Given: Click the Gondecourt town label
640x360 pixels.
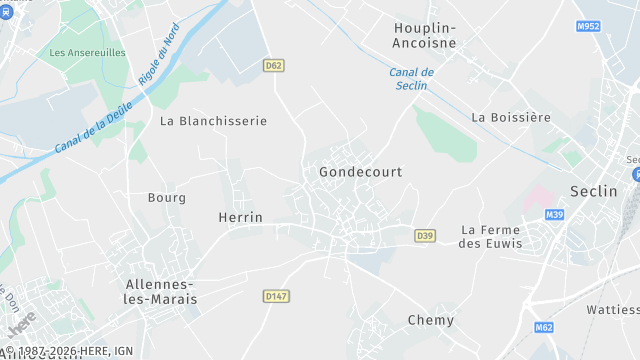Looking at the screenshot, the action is [360, 172].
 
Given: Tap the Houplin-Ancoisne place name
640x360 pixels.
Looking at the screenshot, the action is [424, 35].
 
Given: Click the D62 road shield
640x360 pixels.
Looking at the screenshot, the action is [274, 65].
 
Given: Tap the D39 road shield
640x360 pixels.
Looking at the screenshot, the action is [426, 236].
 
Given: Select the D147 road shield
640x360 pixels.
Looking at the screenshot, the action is [275, 296].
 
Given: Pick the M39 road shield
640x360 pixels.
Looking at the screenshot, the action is [555, 215].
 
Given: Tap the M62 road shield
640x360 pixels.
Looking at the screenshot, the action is [544, 327].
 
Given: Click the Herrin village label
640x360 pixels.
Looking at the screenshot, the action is [240, 217].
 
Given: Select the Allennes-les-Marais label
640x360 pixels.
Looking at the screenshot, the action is [161, 291].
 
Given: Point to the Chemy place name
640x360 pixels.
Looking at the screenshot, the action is [431, 320].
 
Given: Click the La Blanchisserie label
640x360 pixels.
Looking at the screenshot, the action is [213, 121].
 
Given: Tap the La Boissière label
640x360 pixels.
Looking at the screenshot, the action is [511, 117].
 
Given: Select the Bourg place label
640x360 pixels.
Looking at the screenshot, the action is [166, 198].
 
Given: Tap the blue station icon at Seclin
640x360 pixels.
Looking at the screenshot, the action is [636, 173].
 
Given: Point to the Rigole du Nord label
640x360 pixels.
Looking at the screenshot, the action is [165, 58].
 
